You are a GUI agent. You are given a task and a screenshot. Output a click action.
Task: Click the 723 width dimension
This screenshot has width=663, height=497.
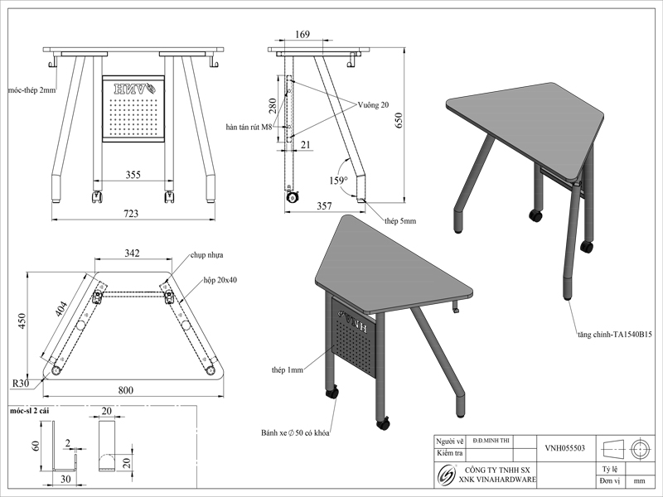pyautogui.click(x=131, y=214)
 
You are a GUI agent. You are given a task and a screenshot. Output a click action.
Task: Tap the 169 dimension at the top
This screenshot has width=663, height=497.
pyautogui.click(x=302, y=35)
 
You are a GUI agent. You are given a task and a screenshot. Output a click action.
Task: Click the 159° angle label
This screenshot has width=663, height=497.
pyautogui.click(x=337, y=180)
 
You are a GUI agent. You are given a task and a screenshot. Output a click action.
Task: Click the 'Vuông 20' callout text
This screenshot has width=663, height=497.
pyautogui.click(x=374, y=105)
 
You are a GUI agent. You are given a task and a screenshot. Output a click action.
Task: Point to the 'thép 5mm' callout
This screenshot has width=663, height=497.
pyautogui.click(x=400, y=221)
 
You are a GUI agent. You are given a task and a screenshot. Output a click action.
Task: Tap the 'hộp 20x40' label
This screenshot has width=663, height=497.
pyautogui.click(x=220, y=280)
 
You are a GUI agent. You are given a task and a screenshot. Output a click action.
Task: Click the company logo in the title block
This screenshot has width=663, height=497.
pyautogui.click(x=447, y=475)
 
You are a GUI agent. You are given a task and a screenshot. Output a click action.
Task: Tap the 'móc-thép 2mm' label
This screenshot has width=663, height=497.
pyautogui.click(x=31, y=88)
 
